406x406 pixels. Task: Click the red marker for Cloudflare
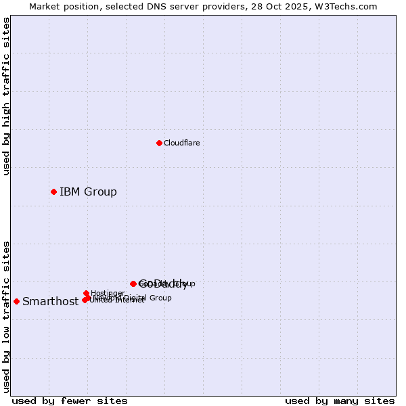point(159,143)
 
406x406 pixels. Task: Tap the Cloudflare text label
point(182,143)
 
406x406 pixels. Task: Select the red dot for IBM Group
point(53,191)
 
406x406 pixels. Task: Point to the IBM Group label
point(88,191)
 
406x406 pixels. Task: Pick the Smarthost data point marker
point(16,301)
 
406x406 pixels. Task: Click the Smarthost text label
point(51,302)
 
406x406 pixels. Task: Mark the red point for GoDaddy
point(133,284)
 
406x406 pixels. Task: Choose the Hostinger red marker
point(86,293)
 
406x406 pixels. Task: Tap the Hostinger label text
point(108,293)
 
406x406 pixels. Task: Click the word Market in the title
point(43,6)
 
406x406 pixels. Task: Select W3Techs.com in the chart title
point(348,6)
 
